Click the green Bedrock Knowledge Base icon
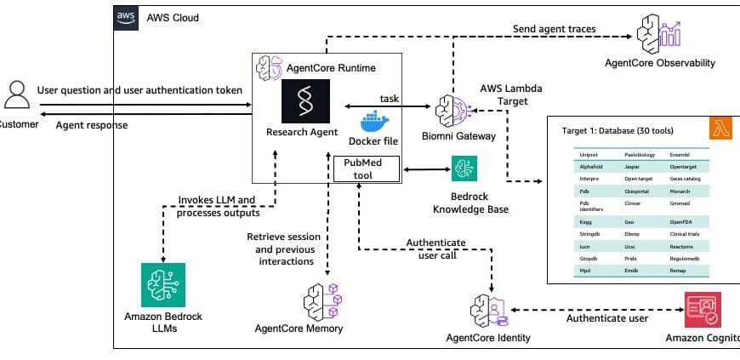464,169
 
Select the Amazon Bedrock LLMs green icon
163,284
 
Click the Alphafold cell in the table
592,169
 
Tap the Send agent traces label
554,30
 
